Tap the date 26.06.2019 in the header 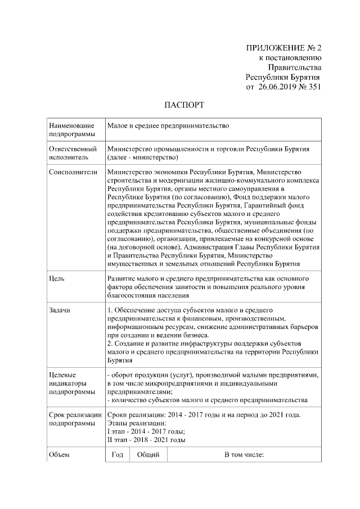coord(277,87)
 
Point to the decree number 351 coord(312,87)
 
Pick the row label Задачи coord(61,310)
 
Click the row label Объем coord(60,454)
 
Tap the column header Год coord(117,454)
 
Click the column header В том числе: coord(244,454)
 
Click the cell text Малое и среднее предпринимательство coord(168,127)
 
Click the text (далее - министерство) coord(142,157)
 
